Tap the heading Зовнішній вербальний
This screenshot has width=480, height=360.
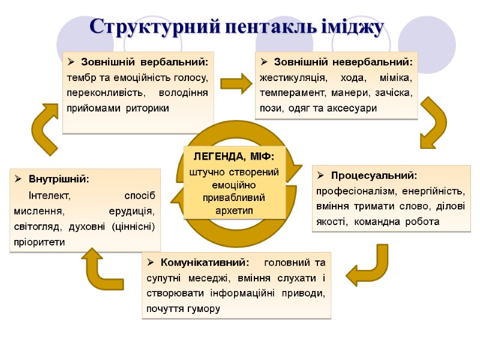click(x=145, y=62)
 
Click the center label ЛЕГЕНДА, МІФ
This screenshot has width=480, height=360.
click(x=233, y=157)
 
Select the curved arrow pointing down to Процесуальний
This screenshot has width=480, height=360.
click(x=433, y=123)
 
